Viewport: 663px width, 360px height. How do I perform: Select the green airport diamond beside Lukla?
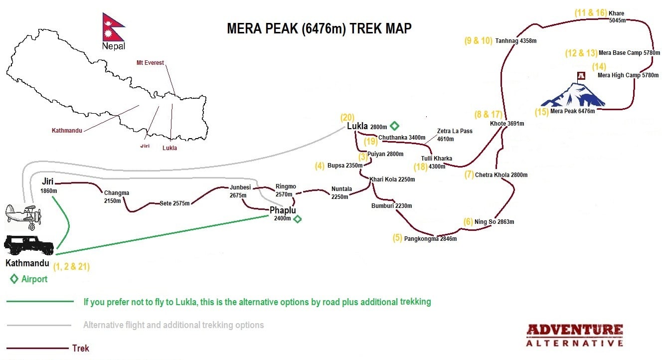(394, 126)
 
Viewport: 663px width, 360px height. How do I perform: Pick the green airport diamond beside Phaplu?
(298, 219)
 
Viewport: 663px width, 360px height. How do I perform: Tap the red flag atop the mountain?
(581, 76)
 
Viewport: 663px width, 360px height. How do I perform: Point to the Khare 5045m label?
(617, 17)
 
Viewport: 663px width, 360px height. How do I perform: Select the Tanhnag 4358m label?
(515, 41)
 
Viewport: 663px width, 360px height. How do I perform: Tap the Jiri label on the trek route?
(48, 182)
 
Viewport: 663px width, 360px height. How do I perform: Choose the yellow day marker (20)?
(347, 118)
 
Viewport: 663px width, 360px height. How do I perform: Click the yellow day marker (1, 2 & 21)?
(71, 266)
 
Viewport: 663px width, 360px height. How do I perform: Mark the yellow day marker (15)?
(541, 112)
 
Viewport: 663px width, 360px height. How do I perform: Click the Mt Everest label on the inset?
(150, 63)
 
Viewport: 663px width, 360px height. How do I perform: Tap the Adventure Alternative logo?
(575, 335)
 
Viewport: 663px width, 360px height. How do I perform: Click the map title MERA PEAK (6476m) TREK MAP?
(319, 28)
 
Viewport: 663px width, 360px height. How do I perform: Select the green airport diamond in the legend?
(14, 279)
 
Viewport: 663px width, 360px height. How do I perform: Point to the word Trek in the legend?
(81, 348)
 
